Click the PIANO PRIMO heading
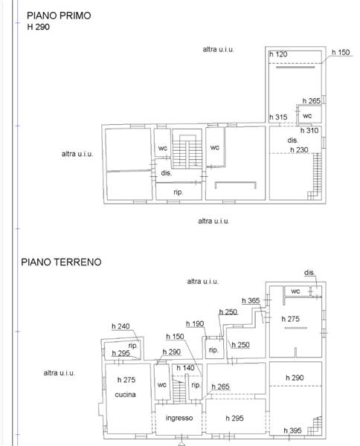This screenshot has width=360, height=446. click(x=59, y=16)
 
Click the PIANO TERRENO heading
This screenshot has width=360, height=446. click(x=61, y=262)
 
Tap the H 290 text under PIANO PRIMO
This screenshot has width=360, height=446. click(x=39, y=27)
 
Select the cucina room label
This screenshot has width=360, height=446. click(x=125, y=395)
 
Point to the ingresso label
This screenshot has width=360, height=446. click(x=179, y=418)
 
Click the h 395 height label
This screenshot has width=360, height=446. click(x=292, y=430)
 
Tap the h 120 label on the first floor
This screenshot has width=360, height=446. click(x=278, y=54)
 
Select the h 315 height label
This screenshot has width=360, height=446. click(x=278, y=117)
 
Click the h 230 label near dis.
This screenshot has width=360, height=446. click(x=299, y=149)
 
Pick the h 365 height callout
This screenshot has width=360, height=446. click(x=251, y=300)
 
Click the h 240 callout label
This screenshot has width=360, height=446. click(x=120, y=326)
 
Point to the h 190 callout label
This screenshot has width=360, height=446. click(x=195, y=323)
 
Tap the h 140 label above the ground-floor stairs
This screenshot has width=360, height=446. click(x=185, y=368)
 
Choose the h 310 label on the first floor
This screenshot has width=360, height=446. click(x=309, y=131)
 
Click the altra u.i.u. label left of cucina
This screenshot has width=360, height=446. click(x=60, y=373)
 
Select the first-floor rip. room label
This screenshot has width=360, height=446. click(x=179, y=193)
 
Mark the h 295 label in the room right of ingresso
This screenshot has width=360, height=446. click(x=234, y=418)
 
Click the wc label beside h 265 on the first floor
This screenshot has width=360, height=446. click(x=307, y=116)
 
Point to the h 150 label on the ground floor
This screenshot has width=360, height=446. click(x=175, y=337)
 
